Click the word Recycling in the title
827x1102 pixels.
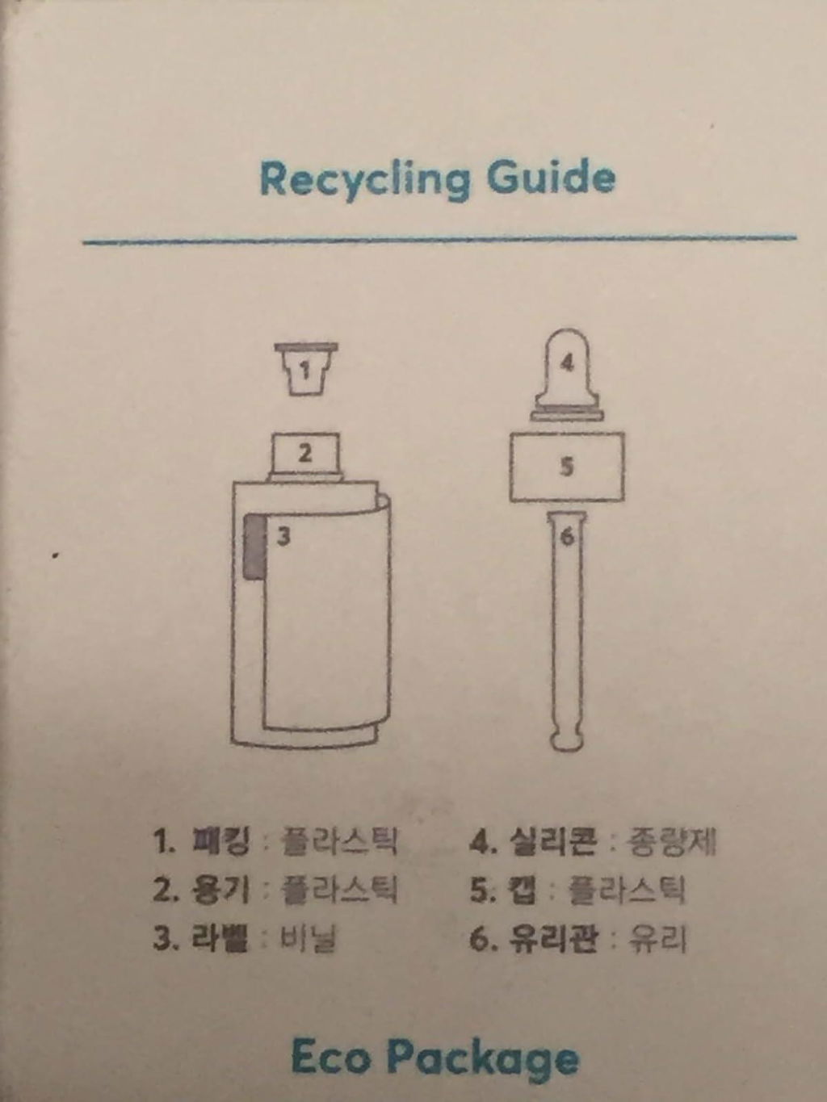[366, 181]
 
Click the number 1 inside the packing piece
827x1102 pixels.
[304, 371]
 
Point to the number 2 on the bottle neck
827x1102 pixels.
[304, 454]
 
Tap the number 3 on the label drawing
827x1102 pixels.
[283, 537]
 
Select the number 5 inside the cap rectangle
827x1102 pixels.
[566, 467]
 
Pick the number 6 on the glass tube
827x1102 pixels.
[566, 537]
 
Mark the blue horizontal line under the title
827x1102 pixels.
[440, 240]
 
